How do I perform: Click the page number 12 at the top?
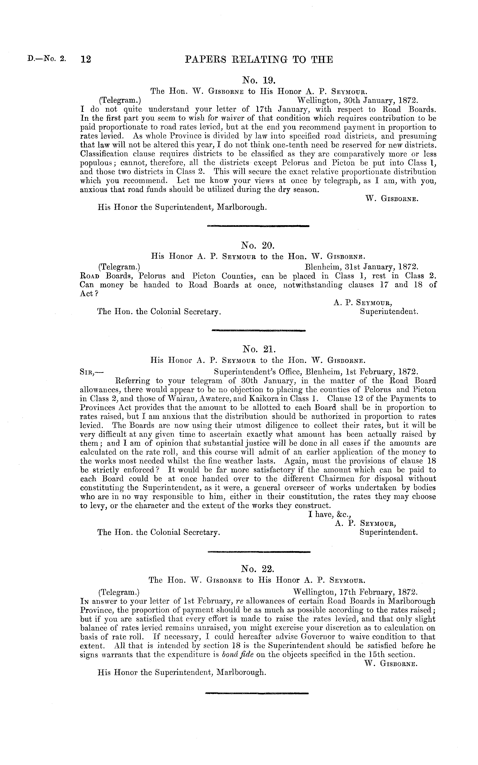tap(86, 59)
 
